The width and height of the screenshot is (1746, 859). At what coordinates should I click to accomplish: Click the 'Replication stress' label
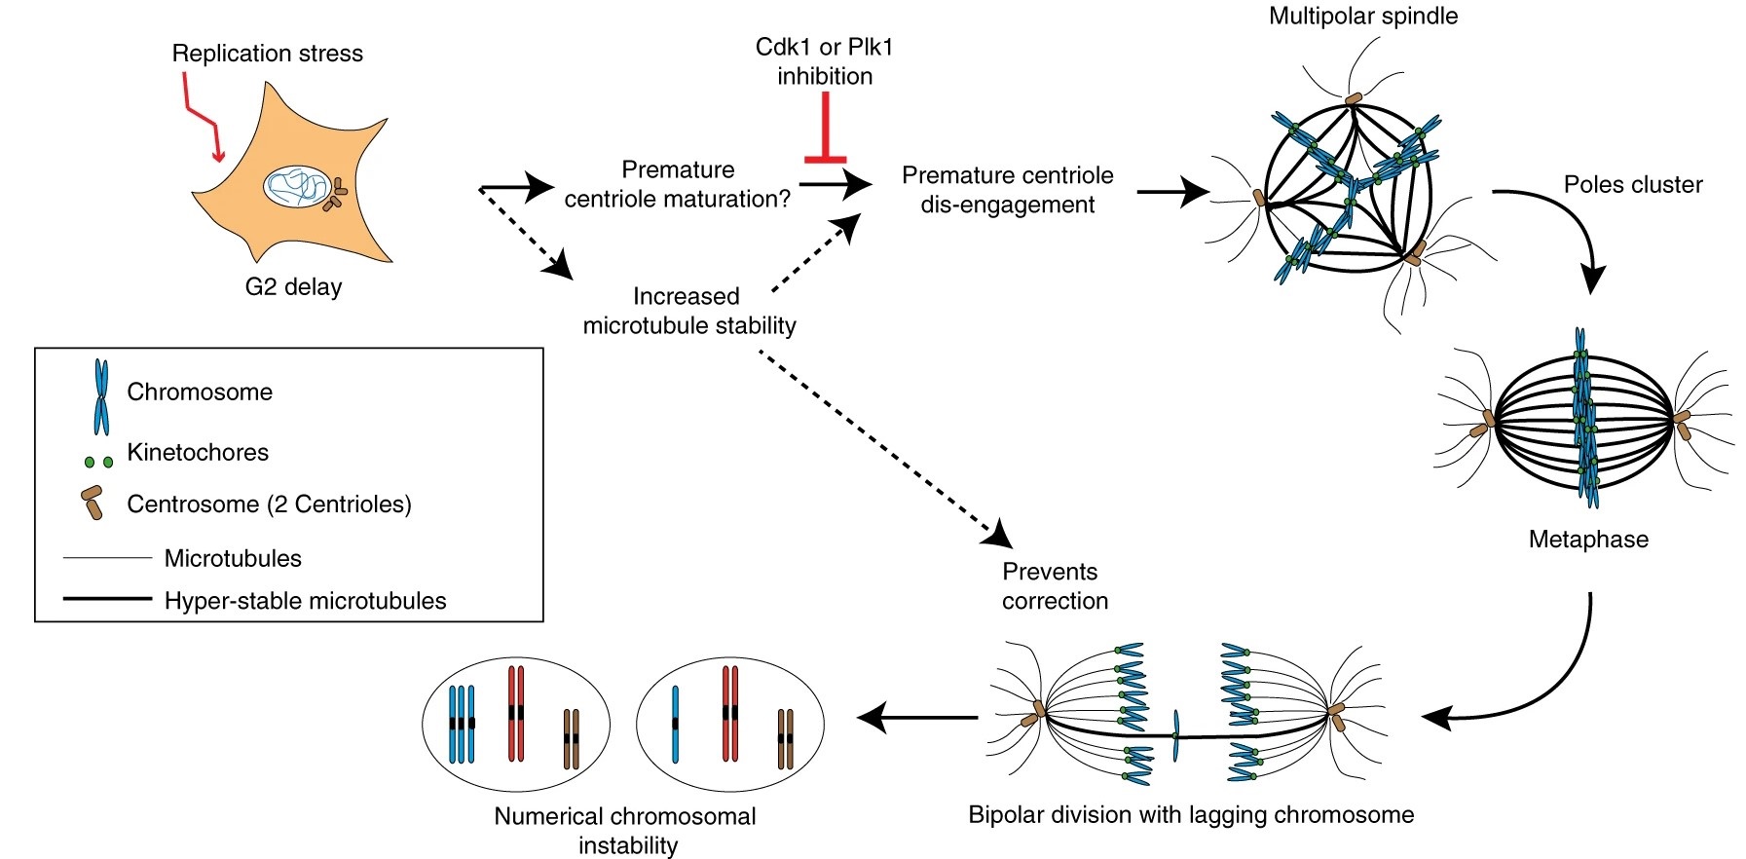coord(267,54)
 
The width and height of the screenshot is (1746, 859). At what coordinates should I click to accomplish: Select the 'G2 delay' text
coord(293,287)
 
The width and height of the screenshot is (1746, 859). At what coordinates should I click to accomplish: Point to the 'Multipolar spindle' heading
coord(1362,17)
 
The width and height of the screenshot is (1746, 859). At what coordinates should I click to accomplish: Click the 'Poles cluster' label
coord(1632,185)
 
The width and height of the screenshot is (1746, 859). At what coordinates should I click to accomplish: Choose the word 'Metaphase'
coord(1588,540)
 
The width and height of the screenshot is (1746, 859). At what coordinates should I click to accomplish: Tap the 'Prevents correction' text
coord(1055,586)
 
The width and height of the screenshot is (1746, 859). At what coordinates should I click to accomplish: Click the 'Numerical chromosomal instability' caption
coord(626,830)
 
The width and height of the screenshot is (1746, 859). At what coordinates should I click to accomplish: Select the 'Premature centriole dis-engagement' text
coord(1007,190)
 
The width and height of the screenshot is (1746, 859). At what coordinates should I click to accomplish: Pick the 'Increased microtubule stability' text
coord(688,311)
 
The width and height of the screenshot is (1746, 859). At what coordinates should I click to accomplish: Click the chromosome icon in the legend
coord(100,396)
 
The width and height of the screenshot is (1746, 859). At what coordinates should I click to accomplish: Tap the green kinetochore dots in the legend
coord(98,462)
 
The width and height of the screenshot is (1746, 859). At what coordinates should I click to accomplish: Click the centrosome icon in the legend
coord(93,503)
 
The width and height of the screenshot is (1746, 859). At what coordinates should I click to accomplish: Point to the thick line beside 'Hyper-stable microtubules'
coord(107,599)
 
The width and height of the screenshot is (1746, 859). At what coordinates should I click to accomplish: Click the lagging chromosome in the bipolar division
coord(1176,735)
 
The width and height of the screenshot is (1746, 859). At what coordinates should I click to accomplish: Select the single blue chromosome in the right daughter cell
coord(675,724)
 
